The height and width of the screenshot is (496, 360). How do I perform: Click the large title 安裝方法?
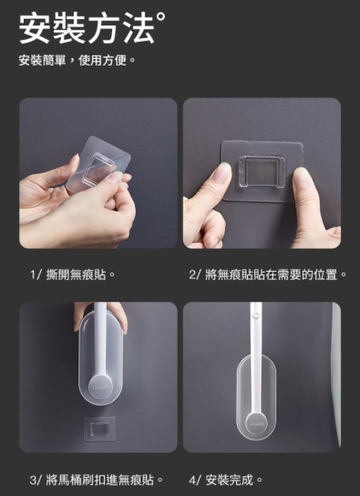click(x=87, y=28)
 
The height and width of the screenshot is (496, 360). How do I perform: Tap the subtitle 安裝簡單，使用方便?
click(x=77, y=60)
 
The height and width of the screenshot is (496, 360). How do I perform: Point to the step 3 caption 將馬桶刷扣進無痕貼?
click(x=104, y=479)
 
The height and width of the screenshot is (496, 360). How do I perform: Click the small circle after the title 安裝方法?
click(x=160, y=16)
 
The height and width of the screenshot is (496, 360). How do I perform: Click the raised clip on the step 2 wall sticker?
click(x=261, y=171)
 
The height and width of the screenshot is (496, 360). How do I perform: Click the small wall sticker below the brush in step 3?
click(x=99, y=429)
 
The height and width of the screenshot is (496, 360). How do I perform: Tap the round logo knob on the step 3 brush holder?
click(x=100, y=386)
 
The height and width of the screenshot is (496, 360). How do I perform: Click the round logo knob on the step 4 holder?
click(x=257, y=423)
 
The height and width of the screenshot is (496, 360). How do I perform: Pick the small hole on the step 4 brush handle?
click(x=256, y=315)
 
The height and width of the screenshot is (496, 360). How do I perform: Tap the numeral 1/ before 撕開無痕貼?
click(x=36, y=274)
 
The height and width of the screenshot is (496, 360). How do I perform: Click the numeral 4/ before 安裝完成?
click(x=195, y=479)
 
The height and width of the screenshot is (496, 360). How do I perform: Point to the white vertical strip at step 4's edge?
click(x=336, y=374)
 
